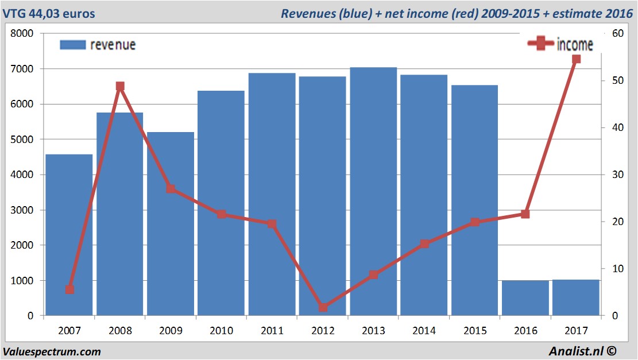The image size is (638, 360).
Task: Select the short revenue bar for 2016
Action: pos(525,298)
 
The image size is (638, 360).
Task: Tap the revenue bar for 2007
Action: pos(69,235)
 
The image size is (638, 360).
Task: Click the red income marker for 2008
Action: pos(120,86)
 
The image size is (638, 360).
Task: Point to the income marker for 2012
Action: pos(323,307)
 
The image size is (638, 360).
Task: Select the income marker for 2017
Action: pos(576,59)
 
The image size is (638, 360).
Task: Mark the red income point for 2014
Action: pos(424,244)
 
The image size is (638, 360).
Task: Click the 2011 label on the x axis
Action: pos(272,331)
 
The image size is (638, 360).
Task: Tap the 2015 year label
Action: pos(475,331)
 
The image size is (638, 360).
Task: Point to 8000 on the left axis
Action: pos(23,34)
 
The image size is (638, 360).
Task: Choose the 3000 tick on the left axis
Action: pos(23,210)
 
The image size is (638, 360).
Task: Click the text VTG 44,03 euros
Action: pos(49,13)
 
